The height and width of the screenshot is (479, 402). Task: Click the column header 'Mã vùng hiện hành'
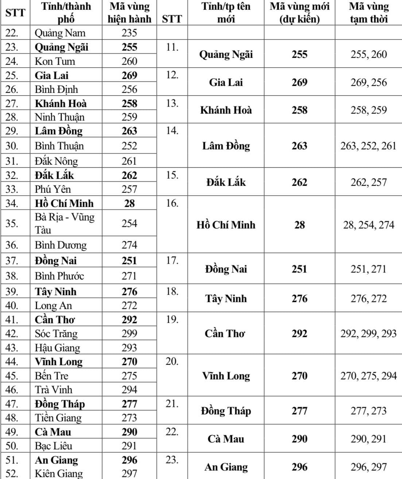129,13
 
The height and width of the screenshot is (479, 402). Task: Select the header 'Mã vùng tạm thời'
368,13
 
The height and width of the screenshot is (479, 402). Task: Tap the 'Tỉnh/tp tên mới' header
226,13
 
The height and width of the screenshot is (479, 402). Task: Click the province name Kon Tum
55,61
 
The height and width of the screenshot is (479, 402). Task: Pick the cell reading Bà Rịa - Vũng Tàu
65,223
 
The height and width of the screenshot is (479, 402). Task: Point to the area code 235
129,33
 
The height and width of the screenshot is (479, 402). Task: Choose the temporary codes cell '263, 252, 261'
368,146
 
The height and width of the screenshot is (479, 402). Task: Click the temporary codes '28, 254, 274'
368,225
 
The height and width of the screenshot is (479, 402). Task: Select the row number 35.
12,223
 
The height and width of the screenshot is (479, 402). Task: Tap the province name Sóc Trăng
56,334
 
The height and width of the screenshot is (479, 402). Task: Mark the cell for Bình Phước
59,276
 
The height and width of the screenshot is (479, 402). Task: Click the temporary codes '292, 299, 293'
368,334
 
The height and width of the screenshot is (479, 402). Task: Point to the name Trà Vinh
54,390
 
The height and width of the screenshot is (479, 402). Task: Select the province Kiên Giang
59,474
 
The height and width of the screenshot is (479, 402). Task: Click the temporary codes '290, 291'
368,439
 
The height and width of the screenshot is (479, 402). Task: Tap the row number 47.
12,404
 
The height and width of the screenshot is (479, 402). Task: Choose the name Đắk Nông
56,161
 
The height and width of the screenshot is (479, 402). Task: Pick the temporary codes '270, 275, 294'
368,376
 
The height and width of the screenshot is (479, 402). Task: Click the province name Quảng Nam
60,33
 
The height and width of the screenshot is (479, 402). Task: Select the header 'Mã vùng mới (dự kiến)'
299,13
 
